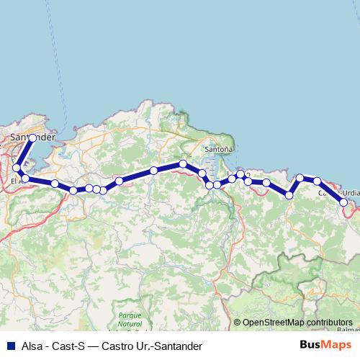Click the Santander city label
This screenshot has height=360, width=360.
tap(32, 136)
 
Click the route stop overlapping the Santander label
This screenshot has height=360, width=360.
tap(32, 138)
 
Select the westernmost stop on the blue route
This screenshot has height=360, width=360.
tap(17, 168)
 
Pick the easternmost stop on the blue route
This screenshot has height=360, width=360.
tap(344, 202)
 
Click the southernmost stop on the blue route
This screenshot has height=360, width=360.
tap(344, 202)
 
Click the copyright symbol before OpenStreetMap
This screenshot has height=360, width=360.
tap(238, 323)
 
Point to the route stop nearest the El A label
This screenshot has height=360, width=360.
tap(24, 179)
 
